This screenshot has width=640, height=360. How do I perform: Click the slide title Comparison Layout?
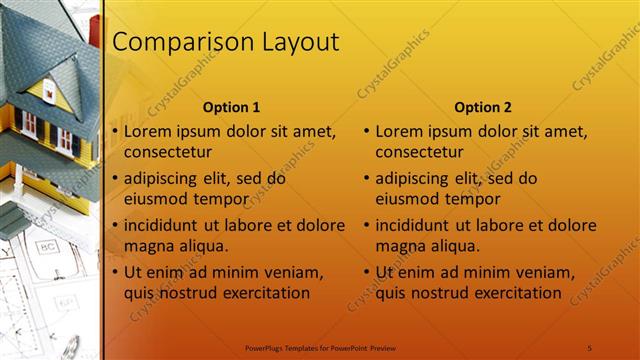[225, 42]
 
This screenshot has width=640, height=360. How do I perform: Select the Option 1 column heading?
[231, 107]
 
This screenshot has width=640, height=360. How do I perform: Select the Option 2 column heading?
[482, 107]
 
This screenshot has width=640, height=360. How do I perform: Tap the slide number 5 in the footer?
[590, 347]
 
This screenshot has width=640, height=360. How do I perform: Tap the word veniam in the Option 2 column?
[545, 272]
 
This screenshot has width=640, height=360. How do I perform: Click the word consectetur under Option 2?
[419, 152]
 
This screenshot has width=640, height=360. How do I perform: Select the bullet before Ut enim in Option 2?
[366, 272]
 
